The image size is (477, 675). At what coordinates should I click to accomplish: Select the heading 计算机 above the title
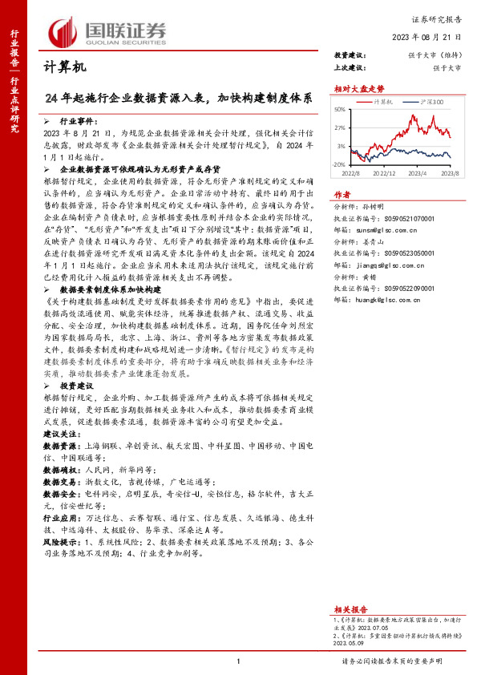63,67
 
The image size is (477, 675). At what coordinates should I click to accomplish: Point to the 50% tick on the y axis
341,109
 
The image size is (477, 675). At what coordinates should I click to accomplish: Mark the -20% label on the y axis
340,164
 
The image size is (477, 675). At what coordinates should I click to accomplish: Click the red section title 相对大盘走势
354,89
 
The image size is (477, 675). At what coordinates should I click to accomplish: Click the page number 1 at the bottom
239,661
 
